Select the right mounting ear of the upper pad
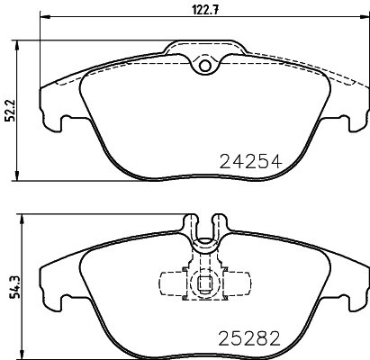(353, 117)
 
